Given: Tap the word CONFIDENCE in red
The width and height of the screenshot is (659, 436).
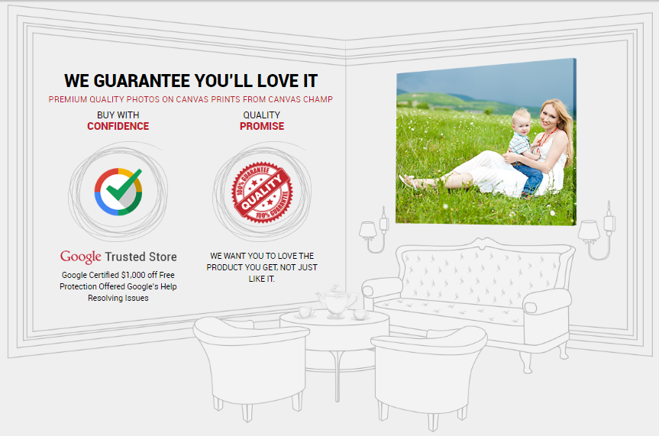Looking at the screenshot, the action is pos(118,126).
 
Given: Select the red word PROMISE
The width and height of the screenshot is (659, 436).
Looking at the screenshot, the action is pos(262,126).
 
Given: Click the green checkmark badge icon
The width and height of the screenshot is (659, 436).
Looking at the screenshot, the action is pos(118,192).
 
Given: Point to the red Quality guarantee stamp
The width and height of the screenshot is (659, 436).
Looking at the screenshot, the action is pos(262,192).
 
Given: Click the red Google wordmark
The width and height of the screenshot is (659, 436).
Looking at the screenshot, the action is pos(81,257).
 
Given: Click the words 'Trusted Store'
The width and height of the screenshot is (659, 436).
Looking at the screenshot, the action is pos(141,257).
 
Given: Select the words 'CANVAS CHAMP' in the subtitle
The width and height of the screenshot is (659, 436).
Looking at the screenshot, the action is pos(301,99).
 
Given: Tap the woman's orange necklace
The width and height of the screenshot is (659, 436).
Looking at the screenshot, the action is pos(546,138).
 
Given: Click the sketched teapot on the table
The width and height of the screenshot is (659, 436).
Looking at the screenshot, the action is pos(336,300).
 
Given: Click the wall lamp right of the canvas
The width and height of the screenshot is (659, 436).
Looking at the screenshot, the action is pos(597,231).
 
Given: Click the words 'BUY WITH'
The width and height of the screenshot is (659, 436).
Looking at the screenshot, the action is pos(118,115).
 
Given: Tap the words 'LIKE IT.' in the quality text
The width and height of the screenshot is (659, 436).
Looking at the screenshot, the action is pos(262,279).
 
